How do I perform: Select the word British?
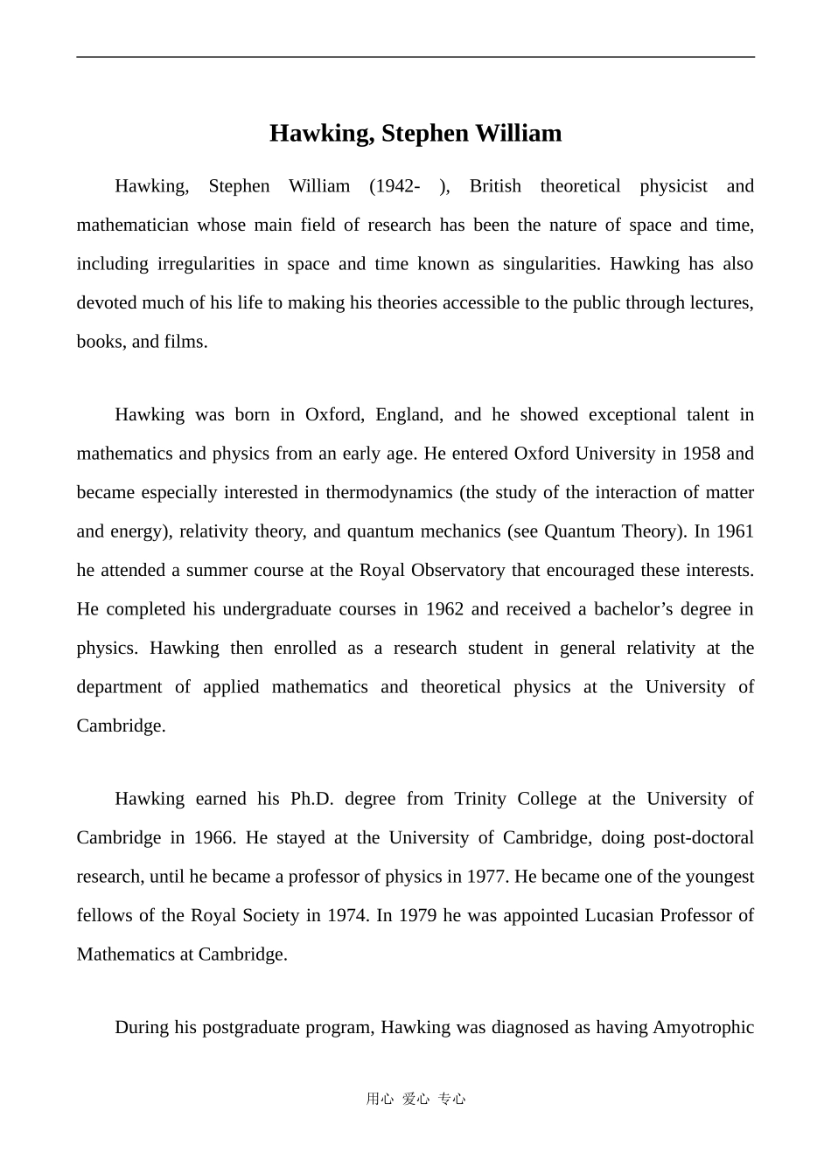click(495, 186)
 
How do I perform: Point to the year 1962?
click(444, 609)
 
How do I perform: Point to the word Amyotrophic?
click(703, 1027)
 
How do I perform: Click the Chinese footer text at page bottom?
click(415, 1099)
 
